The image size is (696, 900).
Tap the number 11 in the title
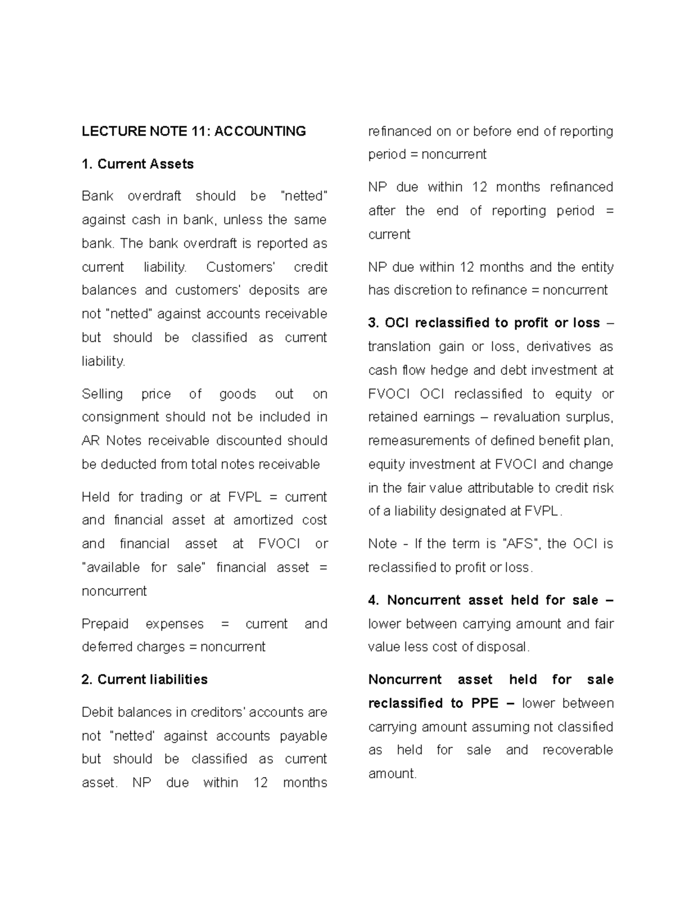tap(200, 132)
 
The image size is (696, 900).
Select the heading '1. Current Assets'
tap(137, 164)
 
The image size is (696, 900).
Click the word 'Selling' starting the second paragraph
tap(102, 394)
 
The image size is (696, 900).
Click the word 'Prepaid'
tap(105, 624)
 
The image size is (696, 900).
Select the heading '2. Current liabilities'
tap(144, 680)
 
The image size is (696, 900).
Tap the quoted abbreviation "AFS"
tap(520, 544)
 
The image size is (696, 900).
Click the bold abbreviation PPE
tap(485, 704)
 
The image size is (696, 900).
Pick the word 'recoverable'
tap(578, 750)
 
